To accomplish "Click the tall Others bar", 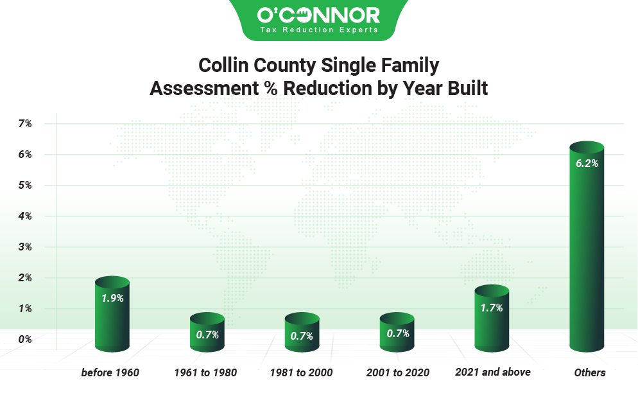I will click(587, 257).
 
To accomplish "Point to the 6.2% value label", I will click(587, 164).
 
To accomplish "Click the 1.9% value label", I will click(112, 298).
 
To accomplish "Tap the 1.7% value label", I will click(492, 308).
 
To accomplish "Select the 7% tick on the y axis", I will click(25, 123).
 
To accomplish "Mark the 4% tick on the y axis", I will click(25, 216).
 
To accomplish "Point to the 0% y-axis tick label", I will click(25, 339).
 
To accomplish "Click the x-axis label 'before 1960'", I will click(110, 372).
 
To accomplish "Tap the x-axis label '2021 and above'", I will click(493, 372).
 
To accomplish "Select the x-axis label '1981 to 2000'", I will click(302, 372).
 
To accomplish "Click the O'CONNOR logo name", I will click(318, 15).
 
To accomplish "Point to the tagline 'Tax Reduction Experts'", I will click(318, 30).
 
